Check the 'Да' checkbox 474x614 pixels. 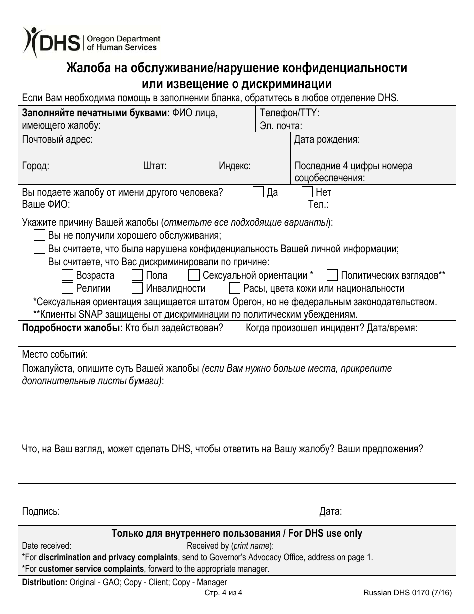[x=258, y=192]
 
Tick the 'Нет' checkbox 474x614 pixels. [x=307, y=192]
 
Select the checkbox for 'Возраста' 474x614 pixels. [x=67, y=275]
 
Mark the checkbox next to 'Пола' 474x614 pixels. [x=137, y=275]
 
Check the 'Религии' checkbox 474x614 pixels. [x=67, y=288]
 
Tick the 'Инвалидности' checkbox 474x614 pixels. [x=137, y=288]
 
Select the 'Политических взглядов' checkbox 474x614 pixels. [x=332, y=275]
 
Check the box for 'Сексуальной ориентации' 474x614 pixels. [x=194, y=275]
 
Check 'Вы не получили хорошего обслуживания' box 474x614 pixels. [x=39, y=235]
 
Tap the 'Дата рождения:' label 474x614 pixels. [x=327, y=140]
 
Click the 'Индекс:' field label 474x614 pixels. [x=235, y=166]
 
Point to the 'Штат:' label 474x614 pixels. [x=155, y=166]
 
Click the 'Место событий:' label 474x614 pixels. [x=55, y=354]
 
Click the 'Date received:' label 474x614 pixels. [x=47, y=546]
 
